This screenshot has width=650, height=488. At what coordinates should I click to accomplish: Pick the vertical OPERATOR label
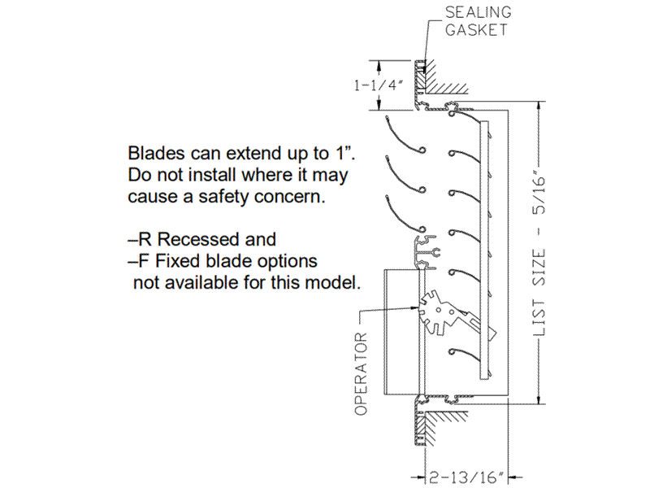click(362, 373)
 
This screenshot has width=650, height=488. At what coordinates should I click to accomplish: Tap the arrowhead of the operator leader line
click(418, 309)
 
